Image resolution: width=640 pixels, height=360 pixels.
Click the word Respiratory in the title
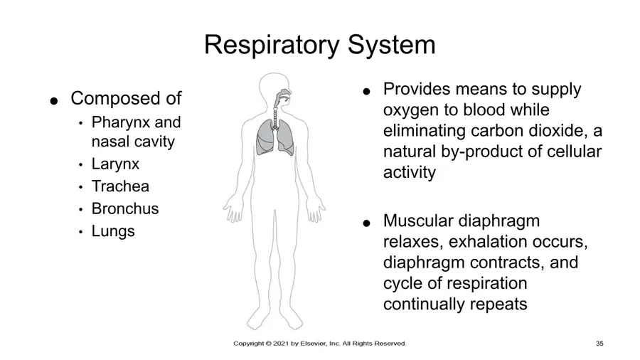point(272,45)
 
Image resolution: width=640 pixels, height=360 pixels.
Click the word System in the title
point(391,45)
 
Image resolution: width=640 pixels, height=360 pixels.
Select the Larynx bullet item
point(115,164)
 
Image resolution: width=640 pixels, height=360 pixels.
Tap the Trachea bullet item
point(120,186)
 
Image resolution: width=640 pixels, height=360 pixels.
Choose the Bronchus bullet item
point(125,208)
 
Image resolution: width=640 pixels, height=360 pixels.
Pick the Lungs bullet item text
point(113,231)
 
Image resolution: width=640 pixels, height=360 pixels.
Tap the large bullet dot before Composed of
point(54,100)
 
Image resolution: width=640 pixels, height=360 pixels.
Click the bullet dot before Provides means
point(366,92)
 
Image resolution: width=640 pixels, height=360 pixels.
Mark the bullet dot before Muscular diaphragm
point(366,223)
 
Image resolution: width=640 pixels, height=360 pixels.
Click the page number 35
point(599,344)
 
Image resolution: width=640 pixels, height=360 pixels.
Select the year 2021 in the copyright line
point(280,344)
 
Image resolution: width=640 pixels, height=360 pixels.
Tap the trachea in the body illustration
point(275,117)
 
